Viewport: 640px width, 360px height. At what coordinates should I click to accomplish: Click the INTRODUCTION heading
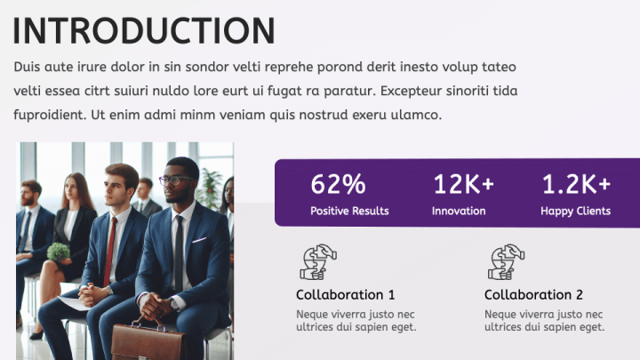(x=144, y=30)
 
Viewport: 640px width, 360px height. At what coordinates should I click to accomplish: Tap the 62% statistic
(x=338, y=185)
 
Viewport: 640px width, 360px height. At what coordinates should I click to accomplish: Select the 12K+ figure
(x=463, y=185)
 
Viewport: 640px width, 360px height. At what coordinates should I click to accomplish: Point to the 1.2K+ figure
(x=576, y=185)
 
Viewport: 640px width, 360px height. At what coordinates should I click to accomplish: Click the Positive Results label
(x=349, y=212)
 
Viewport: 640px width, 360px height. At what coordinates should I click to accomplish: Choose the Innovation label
(x=459, y=212)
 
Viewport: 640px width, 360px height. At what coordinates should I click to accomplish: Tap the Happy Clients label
(x=575, y=212)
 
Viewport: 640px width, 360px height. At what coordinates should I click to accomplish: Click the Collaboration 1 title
(x=345, y=295)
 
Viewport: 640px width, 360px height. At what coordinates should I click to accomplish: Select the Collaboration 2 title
(x=533, y=295)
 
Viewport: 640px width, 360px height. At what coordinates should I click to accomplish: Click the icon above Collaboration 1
(x=318, y=262)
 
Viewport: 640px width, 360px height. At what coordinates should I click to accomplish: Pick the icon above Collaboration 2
(x=507, y=262)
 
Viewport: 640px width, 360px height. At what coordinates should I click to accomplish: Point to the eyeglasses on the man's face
(x=176, y=180)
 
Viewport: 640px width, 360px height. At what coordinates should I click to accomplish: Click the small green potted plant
(x=58, y=252)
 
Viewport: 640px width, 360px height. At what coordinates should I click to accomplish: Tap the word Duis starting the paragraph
(x=28, y=68)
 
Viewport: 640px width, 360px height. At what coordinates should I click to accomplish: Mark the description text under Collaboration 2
(x=544, y=321)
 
